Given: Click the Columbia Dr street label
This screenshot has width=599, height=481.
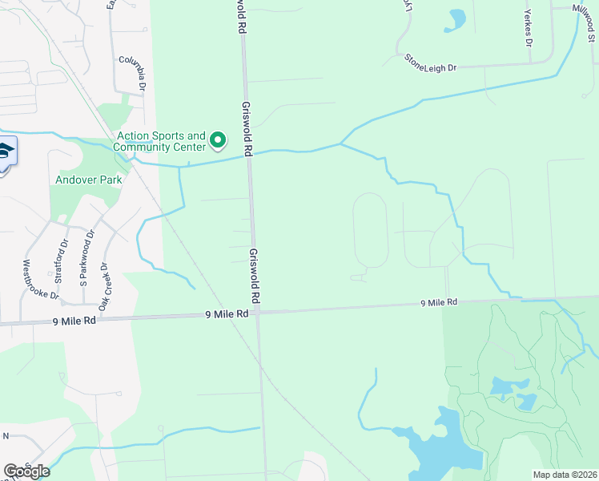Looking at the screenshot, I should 133,72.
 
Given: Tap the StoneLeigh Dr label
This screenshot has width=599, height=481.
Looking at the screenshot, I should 430,63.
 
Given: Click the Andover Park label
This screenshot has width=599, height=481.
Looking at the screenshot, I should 88,180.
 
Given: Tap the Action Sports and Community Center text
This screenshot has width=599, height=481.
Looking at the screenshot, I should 160,141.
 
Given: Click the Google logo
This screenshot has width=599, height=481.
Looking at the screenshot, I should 26,471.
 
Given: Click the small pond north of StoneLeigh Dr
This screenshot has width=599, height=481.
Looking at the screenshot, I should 457,18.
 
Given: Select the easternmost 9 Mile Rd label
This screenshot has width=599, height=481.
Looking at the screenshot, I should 440,303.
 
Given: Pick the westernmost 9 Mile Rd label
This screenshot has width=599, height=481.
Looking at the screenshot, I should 74,320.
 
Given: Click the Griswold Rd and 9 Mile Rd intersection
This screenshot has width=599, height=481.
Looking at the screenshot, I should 257,312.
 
